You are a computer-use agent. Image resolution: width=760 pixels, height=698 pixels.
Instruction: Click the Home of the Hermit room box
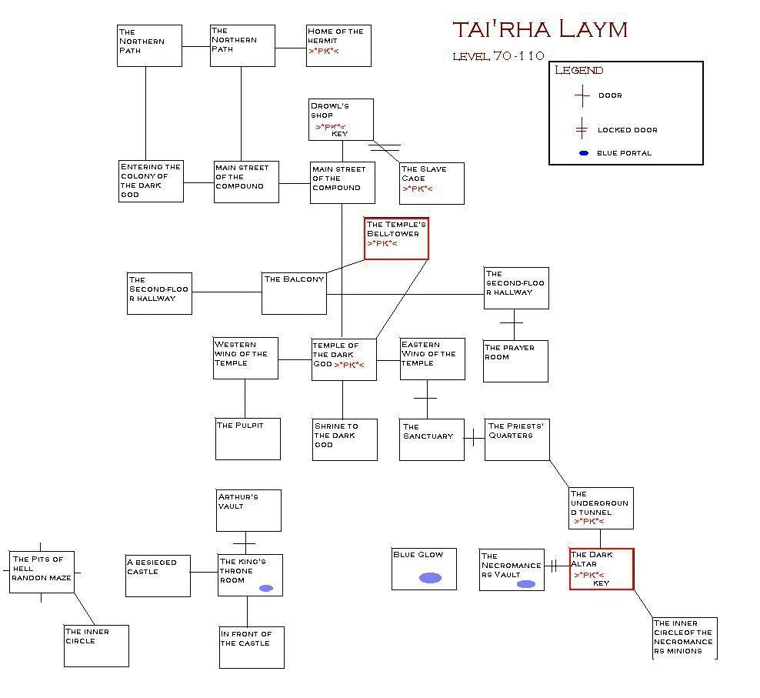coord(338,45)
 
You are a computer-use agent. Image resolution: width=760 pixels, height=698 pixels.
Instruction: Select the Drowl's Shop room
coord(341,120)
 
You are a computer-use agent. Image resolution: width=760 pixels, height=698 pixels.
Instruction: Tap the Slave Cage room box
coord(432,183)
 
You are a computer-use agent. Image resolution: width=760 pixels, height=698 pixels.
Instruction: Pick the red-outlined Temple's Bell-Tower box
coord(396,239)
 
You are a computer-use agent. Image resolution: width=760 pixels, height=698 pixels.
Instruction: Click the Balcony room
coord(294,293)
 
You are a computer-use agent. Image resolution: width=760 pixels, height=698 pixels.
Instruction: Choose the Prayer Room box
coord(515,362)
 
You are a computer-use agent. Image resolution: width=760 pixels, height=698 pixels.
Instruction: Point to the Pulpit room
coord(248,439)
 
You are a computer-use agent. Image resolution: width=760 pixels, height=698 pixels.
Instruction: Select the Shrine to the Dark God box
coord(345,439)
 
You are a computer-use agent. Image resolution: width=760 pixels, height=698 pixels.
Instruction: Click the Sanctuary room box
coord(432,439)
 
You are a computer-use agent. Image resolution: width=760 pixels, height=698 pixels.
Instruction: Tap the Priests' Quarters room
coord(517,439)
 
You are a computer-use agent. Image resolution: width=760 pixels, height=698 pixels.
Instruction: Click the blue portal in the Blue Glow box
coord(430,578)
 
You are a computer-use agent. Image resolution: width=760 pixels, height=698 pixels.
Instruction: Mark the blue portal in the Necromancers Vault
coord(525,584)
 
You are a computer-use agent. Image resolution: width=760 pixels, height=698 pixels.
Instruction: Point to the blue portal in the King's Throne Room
coord(266,588)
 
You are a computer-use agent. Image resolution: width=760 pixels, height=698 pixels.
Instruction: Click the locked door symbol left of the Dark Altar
coord(553,566)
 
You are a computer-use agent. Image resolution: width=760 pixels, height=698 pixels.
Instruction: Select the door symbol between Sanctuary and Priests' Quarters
coord(474,440)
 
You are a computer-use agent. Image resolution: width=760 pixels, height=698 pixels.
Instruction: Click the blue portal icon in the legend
coord(583,153)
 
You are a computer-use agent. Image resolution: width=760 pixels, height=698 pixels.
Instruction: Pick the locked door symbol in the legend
coord(582,130)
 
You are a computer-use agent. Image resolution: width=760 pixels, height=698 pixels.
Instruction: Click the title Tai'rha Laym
coord(540,29)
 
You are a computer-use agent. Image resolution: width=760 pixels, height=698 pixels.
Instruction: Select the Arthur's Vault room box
coord(248,510)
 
